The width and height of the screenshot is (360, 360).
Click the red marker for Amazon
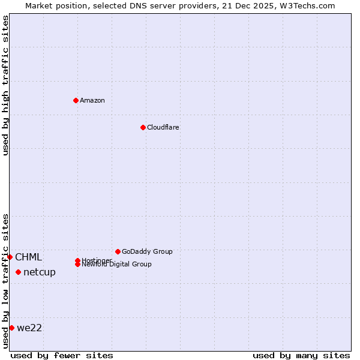click(x=76, y=100)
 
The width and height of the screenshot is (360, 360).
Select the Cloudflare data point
click(x=143, y=127)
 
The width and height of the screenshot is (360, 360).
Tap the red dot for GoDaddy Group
click(x=118, y=251)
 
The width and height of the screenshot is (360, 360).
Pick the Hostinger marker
click(x=77, y=260)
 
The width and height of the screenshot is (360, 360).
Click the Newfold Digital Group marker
click(x=77, y=264)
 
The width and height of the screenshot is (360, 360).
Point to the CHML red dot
click(x=10, y=257)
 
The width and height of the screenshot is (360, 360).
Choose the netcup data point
click(x=18, y=272)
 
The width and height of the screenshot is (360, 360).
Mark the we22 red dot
click(x=11, y=328)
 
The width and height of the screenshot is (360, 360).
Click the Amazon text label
click(x=92, y=100)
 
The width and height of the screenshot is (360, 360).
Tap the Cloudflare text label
click(x=163, y=127)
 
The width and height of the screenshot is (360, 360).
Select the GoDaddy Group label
click(x=147, y=251)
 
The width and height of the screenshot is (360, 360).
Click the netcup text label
click(x=40, y=272)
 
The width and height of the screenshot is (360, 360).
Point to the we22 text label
click(x=29, y=328)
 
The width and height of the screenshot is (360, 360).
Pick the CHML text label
click(x=29, y=257)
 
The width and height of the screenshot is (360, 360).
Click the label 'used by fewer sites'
click(x=62, y=355)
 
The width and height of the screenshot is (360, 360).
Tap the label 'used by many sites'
click(x=301, y=355)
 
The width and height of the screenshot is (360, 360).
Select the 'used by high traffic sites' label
click(x=6, y=85)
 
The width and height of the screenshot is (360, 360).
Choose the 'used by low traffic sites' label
click(x=6, y=281)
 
